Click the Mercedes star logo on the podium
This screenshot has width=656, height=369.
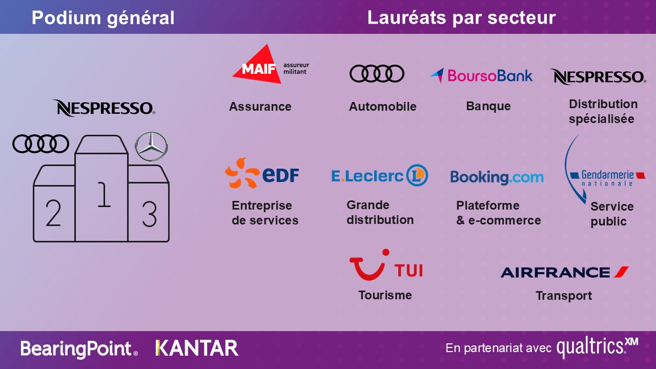pyautogui.click(x=151, y=146)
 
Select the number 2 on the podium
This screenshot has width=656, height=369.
pyautogui.click(x=53, y=213)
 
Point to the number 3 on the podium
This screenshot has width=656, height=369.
pyautogui.click(x=149, y=214)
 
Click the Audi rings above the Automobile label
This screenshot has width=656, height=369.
pyautogui.click(x=377, y=73)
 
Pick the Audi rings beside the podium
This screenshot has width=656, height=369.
pyautogui.click(x=40, y=144)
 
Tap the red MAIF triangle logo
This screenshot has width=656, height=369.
pyautogui.click(x=258, y=65)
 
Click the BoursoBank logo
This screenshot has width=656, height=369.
pyautogui.click(x=481, y=75)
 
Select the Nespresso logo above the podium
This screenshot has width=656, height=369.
pyautogui.click(x=104, y=108)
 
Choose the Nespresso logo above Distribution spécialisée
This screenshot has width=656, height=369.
pyautogui.click(x=598, y=77)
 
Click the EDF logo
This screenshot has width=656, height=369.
pyautogui.click(x=262, y=173)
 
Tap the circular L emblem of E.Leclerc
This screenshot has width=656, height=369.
pyautogui.click(x=417, y=175)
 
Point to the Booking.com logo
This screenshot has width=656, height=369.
pyautogui.click(x=497, y=177)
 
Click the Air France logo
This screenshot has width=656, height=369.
pyautogui.click(x=564, y=272)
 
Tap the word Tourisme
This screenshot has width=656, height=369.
pyautogui.click(x=385, y=295)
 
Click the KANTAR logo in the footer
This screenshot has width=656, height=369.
pyautogui.click(x=197, y=348)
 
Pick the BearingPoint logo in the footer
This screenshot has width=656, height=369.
pyautogui.click(x=79, y=349)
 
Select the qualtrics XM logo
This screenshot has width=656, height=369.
pyautogui.click(x=598, y=347)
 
